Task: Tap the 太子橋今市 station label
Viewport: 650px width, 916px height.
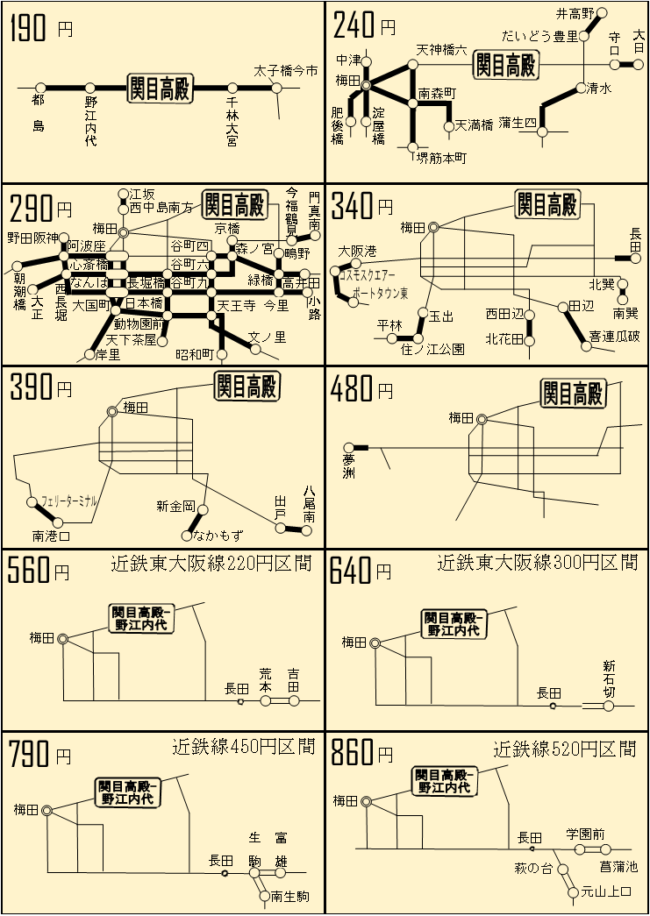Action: (284, 70)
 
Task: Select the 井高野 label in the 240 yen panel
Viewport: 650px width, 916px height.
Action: (575, 13)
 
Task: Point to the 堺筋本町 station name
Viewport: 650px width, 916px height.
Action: (440, 158)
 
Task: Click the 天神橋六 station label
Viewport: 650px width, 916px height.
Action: (441, 50)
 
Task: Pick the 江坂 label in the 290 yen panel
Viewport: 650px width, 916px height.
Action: (142, 194)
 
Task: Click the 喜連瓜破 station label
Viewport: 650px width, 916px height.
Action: (614, 336)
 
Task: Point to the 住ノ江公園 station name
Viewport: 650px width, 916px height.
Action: (432, 349)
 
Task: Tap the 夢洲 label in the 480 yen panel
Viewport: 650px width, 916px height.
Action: (350, 465)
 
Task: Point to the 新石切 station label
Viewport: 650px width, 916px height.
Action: (610, 678)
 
